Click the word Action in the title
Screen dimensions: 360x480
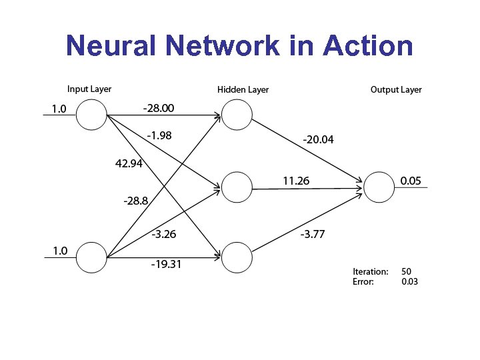pyautogui.click(x=367, y=46)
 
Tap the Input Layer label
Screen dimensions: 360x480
pyautogui.click(x=89, y=89)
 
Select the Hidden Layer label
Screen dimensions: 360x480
pyautogui.click(x=243, y=89)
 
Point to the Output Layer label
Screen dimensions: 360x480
pyautogui.click(x=396, y=89)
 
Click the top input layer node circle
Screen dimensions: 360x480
pyautogui.click(x=91, y=115)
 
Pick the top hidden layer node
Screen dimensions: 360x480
pyautogui.click(x=237, y=115)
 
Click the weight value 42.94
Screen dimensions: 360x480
pyautogui.click(x=129, y=163)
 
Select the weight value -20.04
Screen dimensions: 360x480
pyautogui.click(x=318, y=140)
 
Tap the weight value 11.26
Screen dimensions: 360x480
pyautogui.click(x=296, y=180)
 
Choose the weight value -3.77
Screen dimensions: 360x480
pyautogui.click(x=313, y=233)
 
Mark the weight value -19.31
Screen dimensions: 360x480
pyautogui.click(x=166, y=264)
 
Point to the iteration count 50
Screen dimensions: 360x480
pyautogui.click(x=406, y=271)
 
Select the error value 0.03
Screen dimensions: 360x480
pyautogui.click(x=409, y=281)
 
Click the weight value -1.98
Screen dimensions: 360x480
pyautogui.click(x=159, y=135)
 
